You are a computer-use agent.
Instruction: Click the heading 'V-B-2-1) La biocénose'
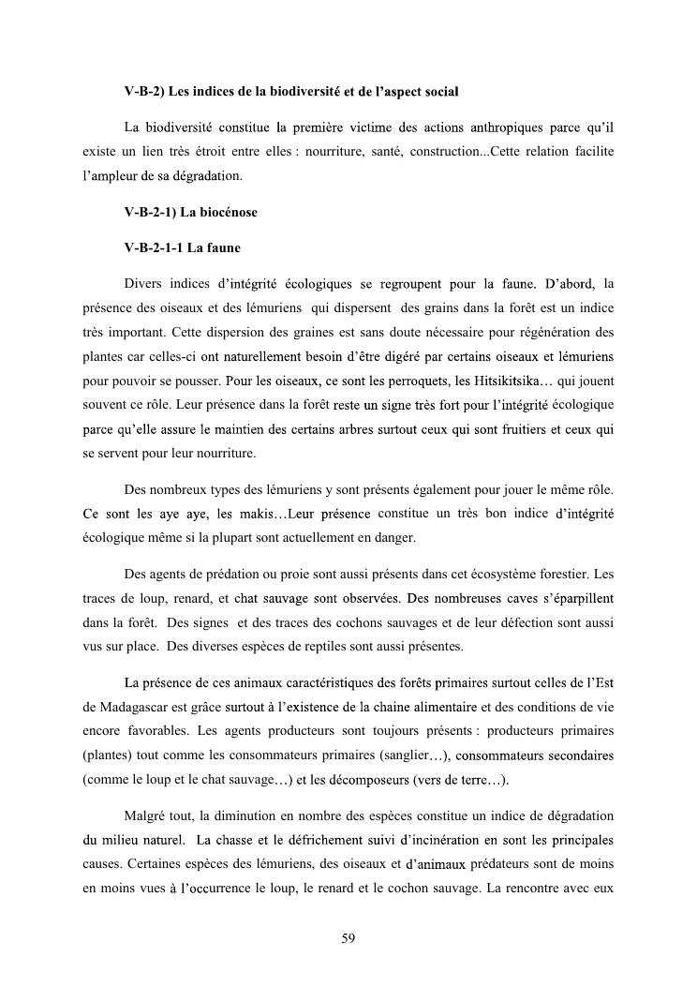tap(190, 212)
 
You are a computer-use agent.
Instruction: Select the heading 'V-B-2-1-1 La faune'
tap(181, 247)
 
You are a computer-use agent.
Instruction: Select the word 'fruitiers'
tap(501, 429)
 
